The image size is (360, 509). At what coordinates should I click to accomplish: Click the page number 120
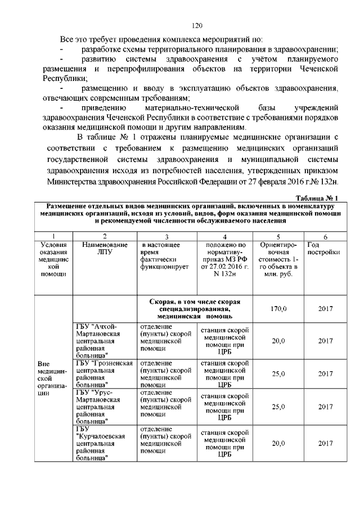click(197, 26)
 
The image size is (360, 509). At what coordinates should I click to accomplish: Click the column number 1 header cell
click(54, 237)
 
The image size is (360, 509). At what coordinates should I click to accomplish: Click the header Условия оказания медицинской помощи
click(54, 259)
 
